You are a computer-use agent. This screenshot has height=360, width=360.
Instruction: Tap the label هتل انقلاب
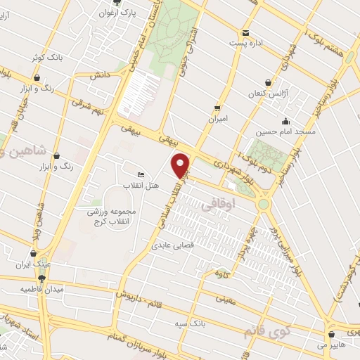tap(143, 185)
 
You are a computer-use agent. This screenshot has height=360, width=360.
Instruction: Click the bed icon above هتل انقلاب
tap(141, 174)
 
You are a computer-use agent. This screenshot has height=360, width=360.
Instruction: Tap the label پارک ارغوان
tap(117, 13)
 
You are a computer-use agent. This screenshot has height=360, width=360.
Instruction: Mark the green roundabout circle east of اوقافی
tap(264, 205)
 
